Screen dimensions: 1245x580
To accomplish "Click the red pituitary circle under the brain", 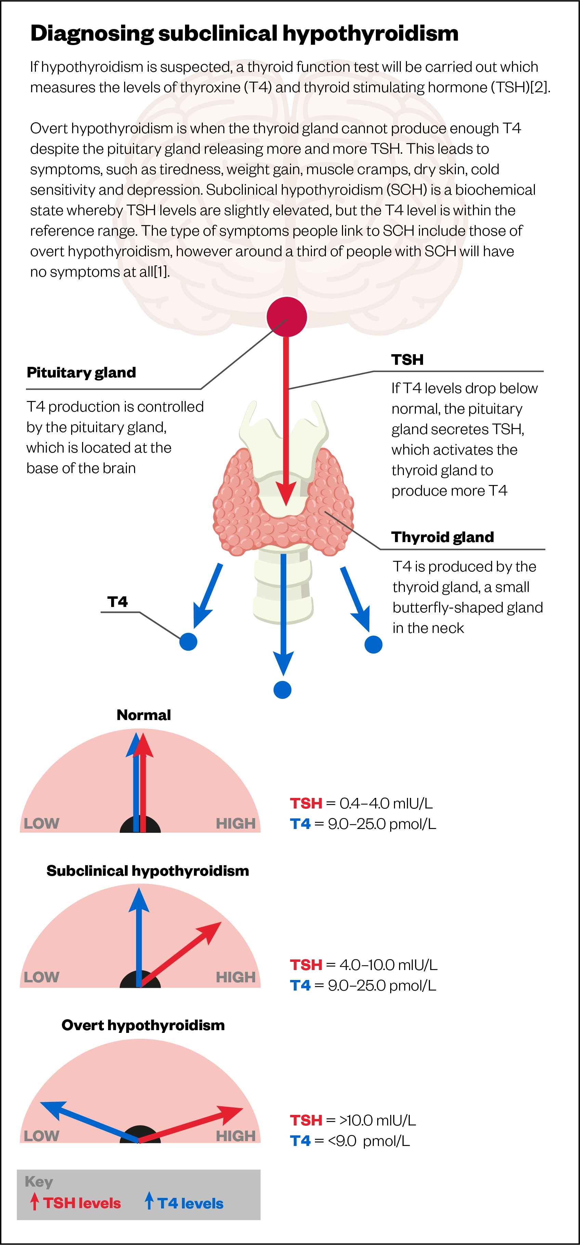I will pos(287,317).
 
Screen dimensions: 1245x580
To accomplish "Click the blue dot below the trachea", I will pos(282,690).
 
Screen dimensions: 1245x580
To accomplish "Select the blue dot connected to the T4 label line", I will pos(188,642).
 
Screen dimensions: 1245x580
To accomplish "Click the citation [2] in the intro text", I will pos(540,87).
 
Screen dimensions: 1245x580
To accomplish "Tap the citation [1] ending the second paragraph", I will pos(161,272).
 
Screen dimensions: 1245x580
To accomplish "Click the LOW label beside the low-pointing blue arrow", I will pos(42,1135).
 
